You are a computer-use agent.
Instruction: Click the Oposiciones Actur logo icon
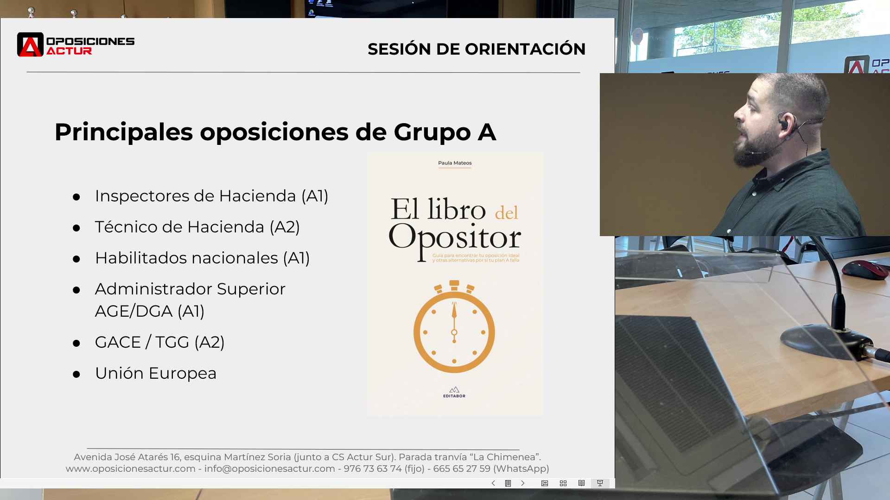coord(30,44)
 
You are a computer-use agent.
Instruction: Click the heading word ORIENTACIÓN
coord(525,49)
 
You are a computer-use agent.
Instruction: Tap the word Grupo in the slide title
coord(432,132)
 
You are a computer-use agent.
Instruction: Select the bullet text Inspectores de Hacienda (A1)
coord(211,196)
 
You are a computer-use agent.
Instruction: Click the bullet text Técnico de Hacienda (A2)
coord(197,227)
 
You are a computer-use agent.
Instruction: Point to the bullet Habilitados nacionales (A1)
coord(202,258)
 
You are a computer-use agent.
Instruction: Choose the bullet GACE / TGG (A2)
coord(160,342)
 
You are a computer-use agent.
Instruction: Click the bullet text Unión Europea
coord(156,373)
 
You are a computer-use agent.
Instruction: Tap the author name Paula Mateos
coord(455,163)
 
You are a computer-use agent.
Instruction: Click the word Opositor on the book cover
coord(455,239)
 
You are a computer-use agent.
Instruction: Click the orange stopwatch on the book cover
coord(454,326)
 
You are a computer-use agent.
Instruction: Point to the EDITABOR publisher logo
coord(454,392)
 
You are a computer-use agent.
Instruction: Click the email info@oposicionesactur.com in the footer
coord(269,469)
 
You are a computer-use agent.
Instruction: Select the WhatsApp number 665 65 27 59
coord(462,469)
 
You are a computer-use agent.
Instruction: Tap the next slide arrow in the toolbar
coord(523,483)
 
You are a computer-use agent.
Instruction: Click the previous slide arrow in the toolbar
coord(493,483)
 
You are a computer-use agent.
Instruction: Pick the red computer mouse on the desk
coord(865,269)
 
